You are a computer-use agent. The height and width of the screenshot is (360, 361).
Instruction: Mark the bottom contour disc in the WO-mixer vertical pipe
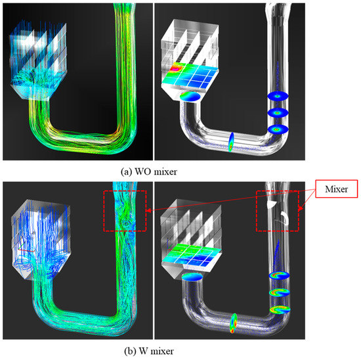click(x=279, y=129)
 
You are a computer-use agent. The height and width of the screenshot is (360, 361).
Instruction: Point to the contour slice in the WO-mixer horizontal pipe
click(x=232, y=143)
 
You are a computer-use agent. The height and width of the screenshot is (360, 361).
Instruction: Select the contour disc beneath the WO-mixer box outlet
click(x=190, y=97)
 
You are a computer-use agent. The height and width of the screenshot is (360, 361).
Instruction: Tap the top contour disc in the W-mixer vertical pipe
click(x=278, y=276)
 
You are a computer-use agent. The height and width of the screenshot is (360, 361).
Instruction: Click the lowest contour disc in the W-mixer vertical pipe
click(x=280, y=307)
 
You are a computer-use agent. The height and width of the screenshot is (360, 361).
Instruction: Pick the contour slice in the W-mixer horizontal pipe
click(x=233, y=322)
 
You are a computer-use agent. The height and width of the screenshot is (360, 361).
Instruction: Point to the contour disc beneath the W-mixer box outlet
click(x=190, y=278)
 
